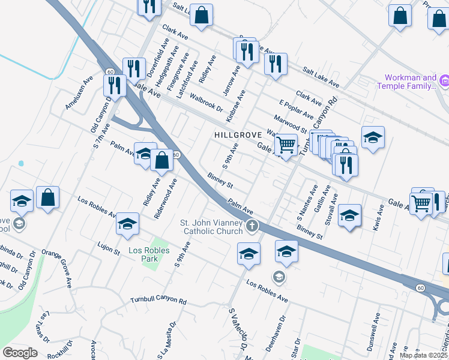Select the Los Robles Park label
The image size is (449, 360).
click(149, 254)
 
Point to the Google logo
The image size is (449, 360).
click(20, 352)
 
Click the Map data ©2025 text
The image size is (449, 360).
click(423, 355)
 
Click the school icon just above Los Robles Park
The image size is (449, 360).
click(127, 224)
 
